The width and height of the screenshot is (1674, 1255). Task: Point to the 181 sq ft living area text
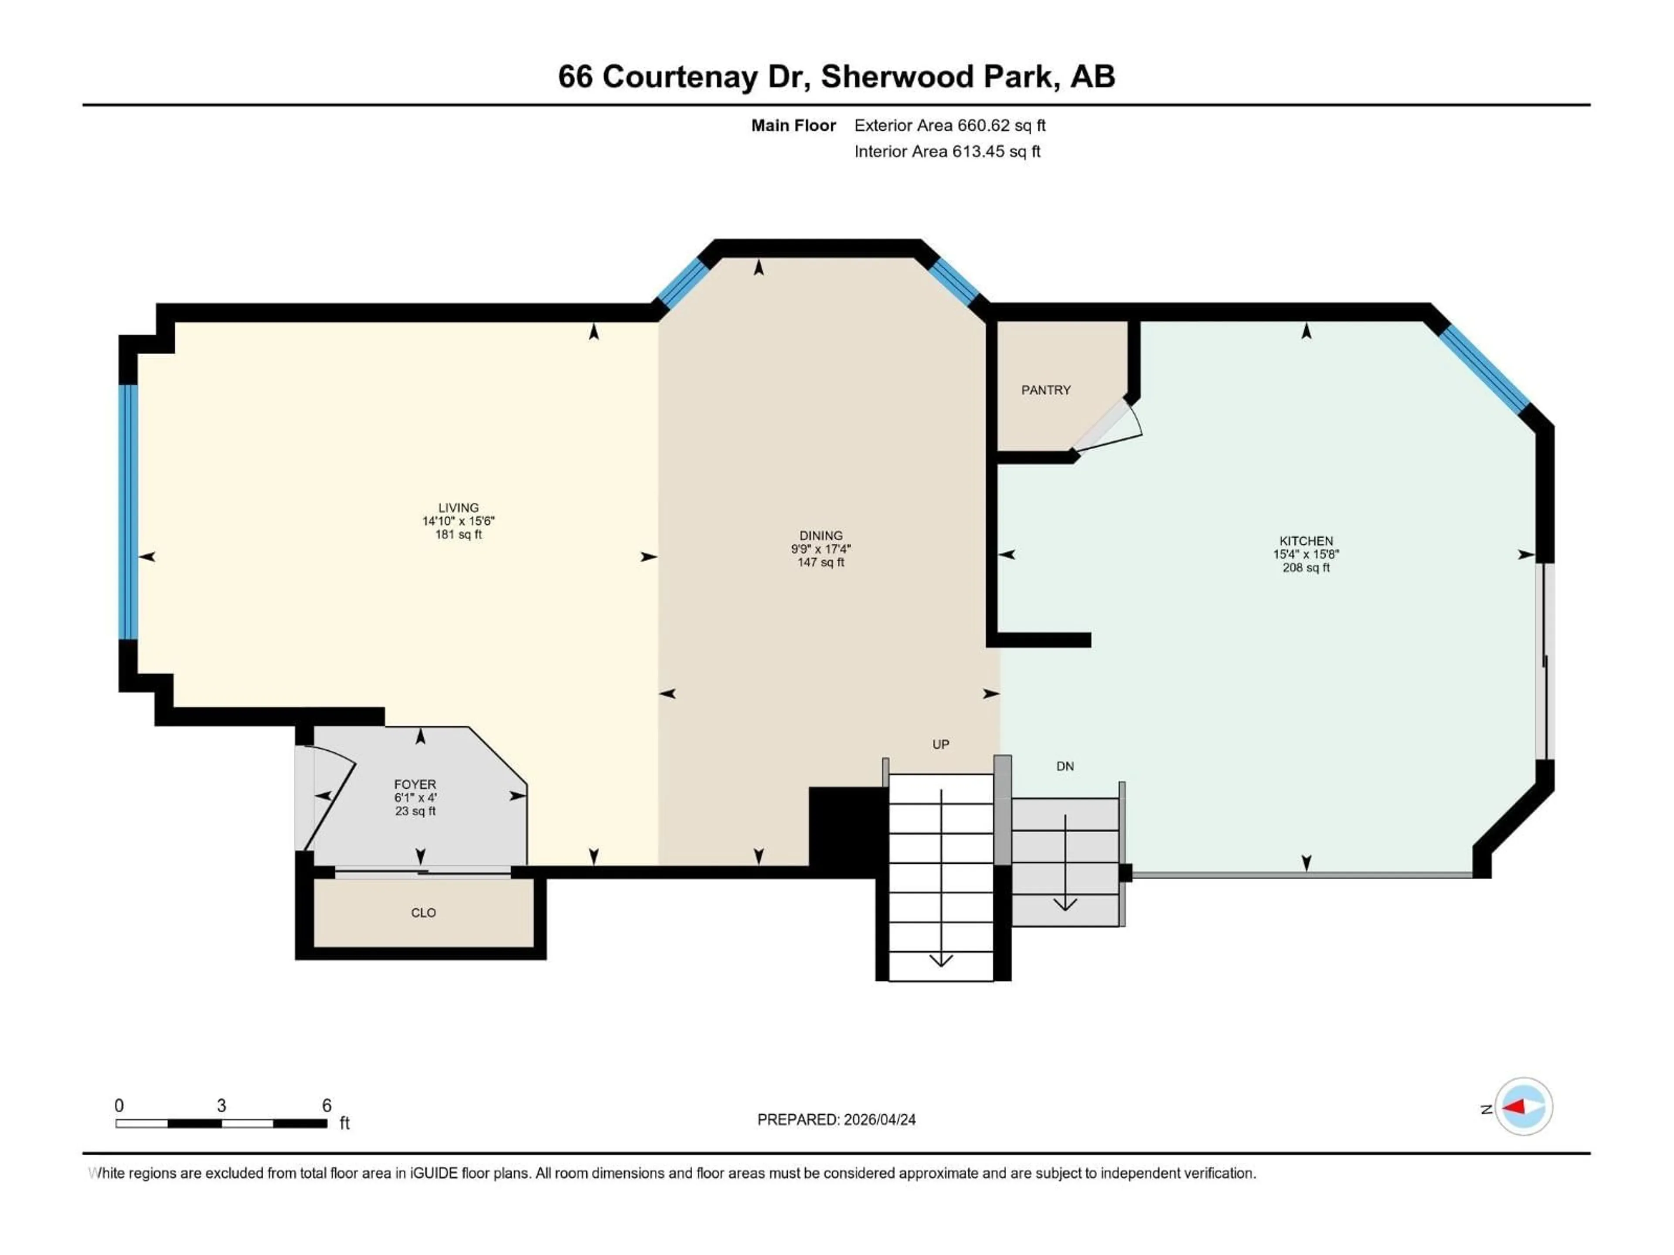coord(459,534)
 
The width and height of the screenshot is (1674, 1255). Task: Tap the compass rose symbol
coord(1524,1107)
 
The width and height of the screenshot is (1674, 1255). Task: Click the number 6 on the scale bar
coord(327,1105)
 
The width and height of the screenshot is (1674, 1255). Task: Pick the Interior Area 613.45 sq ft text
coord(947,151)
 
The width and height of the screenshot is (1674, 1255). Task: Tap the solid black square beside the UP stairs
coord(847,831)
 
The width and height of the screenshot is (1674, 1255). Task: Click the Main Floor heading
coord(793,125)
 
